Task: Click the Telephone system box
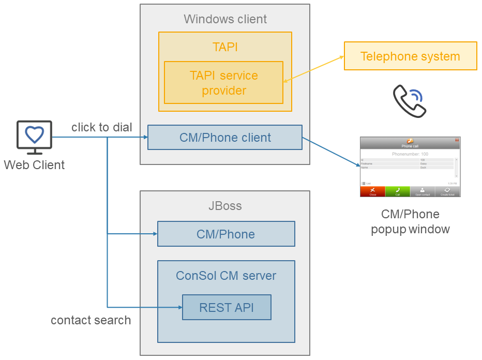410,56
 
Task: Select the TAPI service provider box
223,83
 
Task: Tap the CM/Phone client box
225,138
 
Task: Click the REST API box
227,307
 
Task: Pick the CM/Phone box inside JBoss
226,234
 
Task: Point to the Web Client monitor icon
35,137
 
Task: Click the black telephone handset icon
409,101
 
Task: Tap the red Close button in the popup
373,191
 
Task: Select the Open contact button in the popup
423,191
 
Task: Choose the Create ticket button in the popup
448,191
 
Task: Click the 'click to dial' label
102,127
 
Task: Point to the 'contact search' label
91,320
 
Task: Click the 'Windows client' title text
225,19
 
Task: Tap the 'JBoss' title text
225,206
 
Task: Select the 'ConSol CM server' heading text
226,276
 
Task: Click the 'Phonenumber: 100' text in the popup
410,154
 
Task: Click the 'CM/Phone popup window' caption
410,221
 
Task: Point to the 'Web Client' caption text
35,165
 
